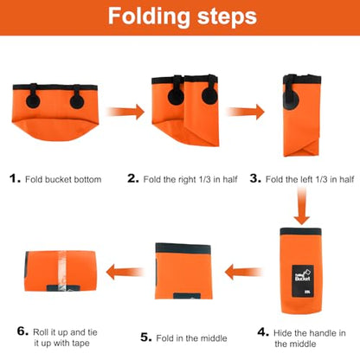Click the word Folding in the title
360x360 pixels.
149,17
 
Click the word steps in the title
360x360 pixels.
227,17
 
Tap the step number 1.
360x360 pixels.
15,178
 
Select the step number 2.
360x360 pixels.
133,178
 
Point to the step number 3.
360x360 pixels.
255,178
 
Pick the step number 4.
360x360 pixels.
263,332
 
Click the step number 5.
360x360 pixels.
146,337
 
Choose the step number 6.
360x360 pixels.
22,331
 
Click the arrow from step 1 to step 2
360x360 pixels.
125,112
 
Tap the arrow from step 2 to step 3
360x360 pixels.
246,112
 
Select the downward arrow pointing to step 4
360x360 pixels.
302,206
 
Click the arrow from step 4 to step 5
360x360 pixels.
243,272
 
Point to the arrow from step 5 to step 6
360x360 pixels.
125,272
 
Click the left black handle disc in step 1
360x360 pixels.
33,100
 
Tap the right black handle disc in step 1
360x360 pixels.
77,101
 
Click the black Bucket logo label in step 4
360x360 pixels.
303,281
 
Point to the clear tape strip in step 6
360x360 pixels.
63,271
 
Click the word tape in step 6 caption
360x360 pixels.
80,344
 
